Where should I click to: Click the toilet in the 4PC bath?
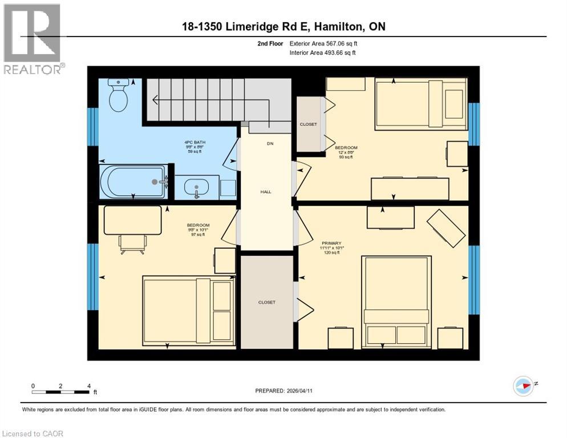119,95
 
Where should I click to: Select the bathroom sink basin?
197,187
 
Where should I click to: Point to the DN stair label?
270,144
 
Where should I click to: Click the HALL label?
266,192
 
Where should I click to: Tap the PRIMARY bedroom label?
330,244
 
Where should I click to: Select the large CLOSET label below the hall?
266,302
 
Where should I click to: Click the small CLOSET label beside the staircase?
308,124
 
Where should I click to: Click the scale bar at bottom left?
61,392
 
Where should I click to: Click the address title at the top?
283,27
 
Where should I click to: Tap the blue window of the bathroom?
92,127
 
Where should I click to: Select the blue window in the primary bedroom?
473,279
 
